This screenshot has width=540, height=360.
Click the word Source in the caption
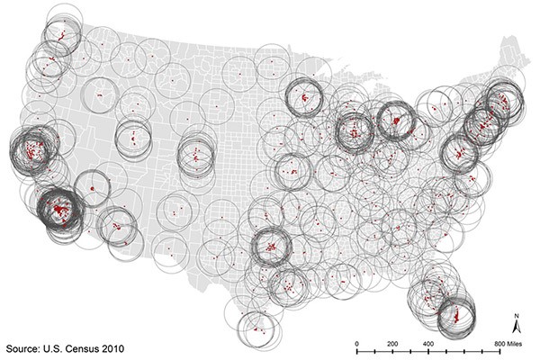tap(26, 346)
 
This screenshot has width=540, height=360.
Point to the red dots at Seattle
tap(61, 38)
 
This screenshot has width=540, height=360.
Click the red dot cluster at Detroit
tap(394, 118)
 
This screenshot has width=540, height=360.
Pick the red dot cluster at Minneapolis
tap(304, 94)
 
